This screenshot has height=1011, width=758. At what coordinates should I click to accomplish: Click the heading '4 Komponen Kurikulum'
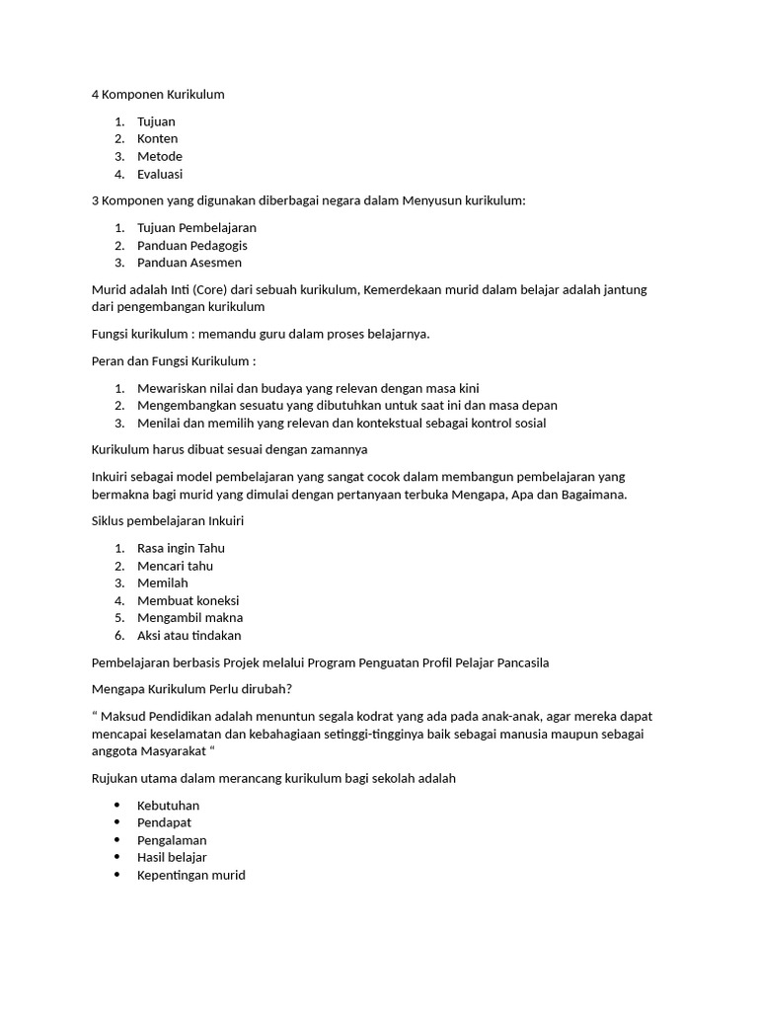158,95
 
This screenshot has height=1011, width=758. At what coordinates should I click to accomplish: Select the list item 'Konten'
158,139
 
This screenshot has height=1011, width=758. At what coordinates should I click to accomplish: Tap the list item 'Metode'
160,156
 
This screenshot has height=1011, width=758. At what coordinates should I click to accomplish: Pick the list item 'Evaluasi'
160,174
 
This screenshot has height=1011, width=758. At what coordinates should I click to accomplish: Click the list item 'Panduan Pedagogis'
192,245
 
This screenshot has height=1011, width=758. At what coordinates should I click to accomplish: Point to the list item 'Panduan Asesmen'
189,263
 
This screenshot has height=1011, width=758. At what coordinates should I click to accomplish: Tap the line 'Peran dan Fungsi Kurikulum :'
174,360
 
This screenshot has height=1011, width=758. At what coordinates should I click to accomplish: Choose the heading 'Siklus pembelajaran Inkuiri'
167,520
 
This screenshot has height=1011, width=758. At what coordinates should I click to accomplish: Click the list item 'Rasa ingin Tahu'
182,548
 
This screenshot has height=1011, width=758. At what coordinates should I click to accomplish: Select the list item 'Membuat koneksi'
189,600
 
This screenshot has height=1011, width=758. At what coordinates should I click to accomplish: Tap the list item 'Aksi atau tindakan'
189,635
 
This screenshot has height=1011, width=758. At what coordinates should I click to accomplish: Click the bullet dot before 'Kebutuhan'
118,806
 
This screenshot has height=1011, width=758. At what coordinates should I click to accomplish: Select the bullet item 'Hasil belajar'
172,857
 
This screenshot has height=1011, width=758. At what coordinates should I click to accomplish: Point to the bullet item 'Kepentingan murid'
191,875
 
